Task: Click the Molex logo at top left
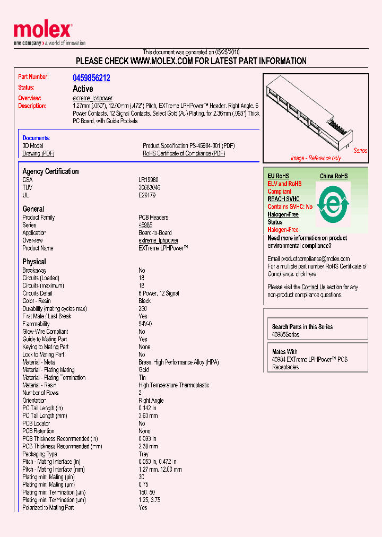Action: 42,31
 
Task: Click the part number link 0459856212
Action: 91,78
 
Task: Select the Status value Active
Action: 83,89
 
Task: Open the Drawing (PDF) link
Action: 38,153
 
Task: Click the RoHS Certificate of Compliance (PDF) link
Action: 184,153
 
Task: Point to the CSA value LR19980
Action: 149,180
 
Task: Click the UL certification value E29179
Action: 146,195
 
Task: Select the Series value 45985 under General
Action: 145,225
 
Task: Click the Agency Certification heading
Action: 50,171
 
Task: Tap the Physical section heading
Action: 34,262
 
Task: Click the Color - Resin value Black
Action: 144,301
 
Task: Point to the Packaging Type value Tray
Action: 144,454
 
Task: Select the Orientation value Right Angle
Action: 151,401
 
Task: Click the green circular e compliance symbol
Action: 333,204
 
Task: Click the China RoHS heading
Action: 333,176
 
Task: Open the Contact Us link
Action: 313,287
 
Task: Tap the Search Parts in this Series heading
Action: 302,327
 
